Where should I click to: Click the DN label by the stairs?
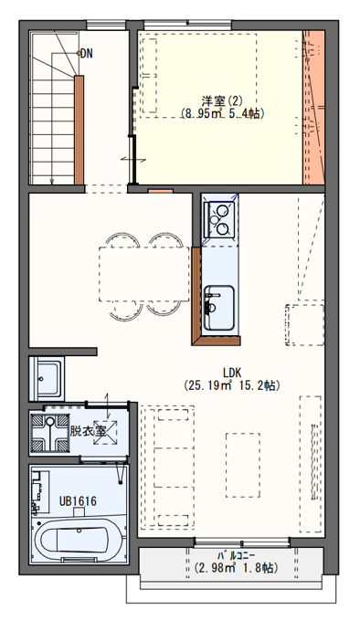pyautogui.click(x=87, y=54)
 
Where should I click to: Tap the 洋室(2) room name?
pyautogui.click(x=222, y=101)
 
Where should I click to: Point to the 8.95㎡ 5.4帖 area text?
pyautogui.click(x=222, y=113)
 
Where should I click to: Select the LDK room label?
pyautogui.click(x=232, y=373)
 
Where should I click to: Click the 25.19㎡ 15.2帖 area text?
pyautogui.click(x=232, y=385)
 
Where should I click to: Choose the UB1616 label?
pyautogui.click(x=78, y=501)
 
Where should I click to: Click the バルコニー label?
pyautogui.click(x=235, y=555)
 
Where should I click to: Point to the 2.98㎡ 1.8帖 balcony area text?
pyautogui.click(x=235, y=568)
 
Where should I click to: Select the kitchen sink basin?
pyautogui.click(x=219, y=308)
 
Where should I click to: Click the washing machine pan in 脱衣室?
pyautogui.click(x=50, y=433)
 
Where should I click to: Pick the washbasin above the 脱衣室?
pyautogui.click(x=47, y=378)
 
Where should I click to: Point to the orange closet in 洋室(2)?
pyautogui.click(x=313, y=108)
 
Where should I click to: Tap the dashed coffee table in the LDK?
pyautogui.click(x=243, y=465)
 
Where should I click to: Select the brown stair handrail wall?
pyautogui.click(x=79, y=130)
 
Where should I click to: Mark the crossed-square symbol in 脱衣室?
pyautogui.click(x=105, y=432)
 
